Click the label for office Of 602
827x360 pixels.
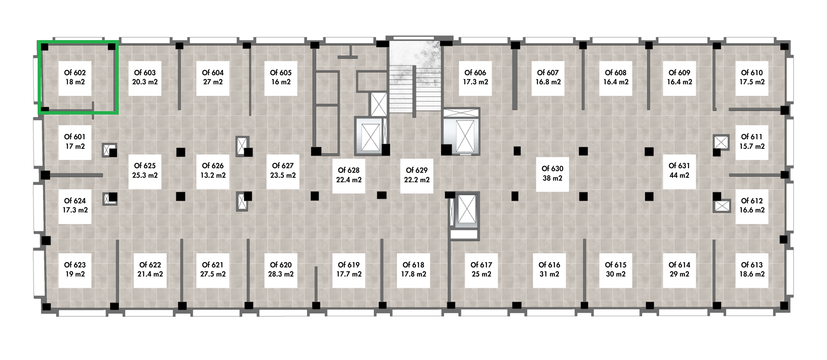(75, 78)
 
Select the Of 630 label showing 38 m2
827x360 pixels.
(552, 174)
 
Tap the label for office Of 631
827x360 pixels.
(679, 171)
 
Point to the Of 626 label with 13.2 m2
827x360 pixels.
(213, 171)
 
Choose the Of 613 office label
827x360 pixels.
(752, 270)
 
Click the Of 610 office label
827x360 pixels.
(752, 78)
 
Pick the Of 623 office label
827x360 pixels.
(75, 270)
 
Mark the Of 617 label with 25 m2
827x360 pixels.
(481, 270)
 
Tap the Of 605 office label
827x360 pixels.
(281, 78)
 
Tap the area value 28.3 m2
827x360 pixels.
(281, 274)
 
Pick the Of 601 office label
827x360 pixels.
(75, 142)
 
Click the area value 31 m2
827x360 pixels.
(549, 274)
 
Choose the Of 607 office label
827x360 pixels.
(548, 78)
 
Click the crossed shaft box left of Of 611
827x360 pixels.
(721, 142)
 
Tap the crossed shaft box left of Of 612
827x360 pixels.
(722, 206)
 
